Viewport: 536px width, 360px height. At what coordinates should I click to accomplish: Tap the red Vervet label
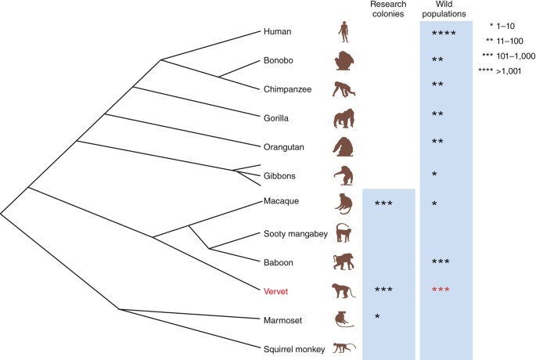tap(276, 290)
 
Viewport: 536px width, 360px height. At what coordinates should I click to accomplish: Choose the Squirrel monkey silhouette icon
tap(344, 347)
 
